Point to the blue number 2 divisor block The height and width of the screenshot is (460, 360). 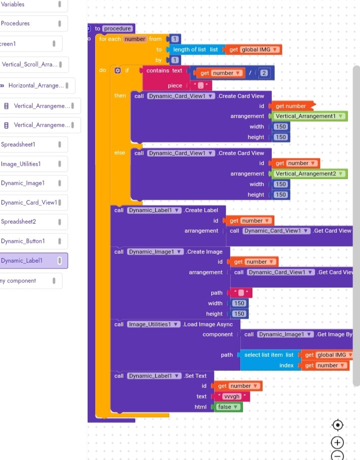264,73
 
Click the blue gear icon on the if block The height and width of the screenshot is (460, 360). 118,71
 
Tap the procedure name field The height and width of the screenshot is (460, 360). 118,29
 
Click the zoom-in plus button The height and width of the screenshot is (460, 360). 338,442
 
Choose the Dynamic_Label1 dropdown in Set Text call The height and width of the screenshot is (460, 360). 154,376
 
